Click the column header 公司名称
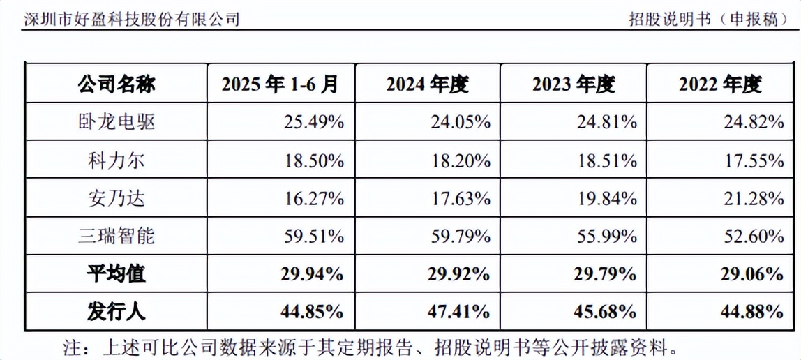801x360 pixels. (x=117, y=85)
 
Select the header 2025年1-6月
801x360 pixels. (x=280, y=85)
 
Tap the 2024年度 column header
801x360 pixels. (x=427, y=85)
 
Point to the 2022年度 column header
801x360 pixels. (x=720, y=85)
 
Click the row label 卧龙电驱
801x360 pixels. (x=117, y=123)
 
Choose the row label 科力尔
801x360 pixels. (x=117, y=160)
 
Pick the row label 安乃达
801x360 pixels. (x=117, y=198)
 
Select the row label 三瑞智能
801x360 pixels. (x=117, y=236)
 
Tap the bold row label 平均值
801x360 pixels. (x=117, y=273)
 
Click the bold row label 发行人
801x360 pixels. (x=117, y=310)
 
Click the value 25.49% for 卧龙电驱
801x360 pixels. (x=313, y=123)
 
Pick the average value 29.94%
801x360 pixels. (x=313, y=273)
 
